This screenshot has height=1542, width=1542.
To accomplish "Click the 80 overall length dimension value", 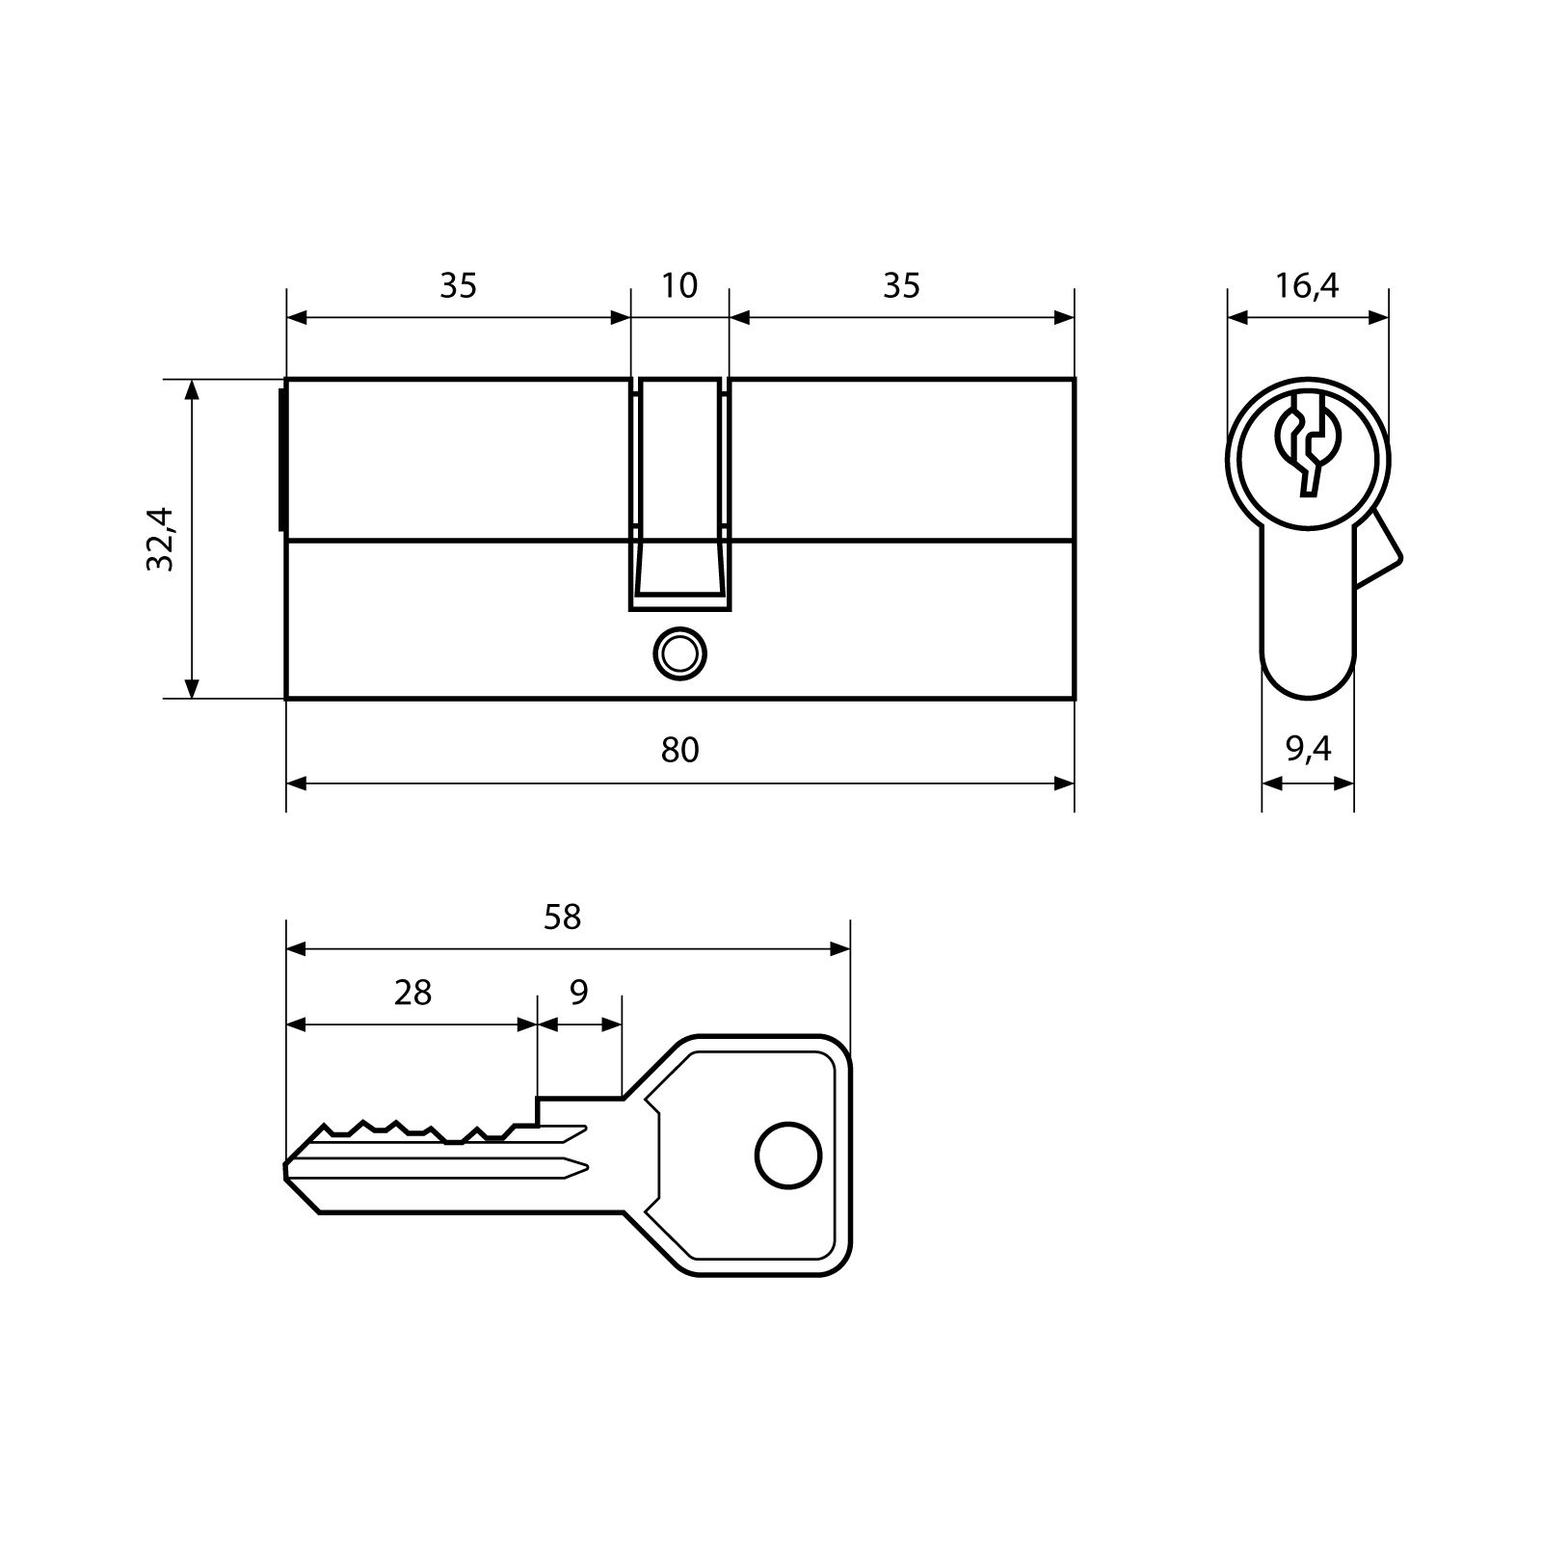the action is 679,750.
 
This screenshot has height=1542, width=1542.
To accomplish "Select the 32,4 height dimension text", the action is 160,539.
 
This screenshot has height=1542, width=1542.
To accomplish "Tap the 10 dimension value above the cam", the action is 679,285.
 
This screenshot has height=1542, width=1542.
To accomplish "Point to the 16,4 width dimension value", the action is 1307,285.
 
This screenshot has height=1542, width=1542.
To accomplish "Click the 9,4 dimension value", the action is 1308,749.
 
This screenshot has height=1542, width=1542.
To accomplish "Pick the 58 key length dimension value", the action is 563,917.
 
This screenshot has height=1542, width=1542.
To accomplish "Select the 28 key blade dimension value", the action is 412,992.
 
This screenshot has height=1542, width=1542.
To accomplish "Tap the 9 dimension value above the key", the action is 578,992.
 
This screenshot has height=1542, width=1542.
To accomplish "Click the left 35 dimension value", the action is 459,285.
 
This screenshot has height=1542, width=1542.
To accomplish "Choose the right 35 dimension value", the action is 901,285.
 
